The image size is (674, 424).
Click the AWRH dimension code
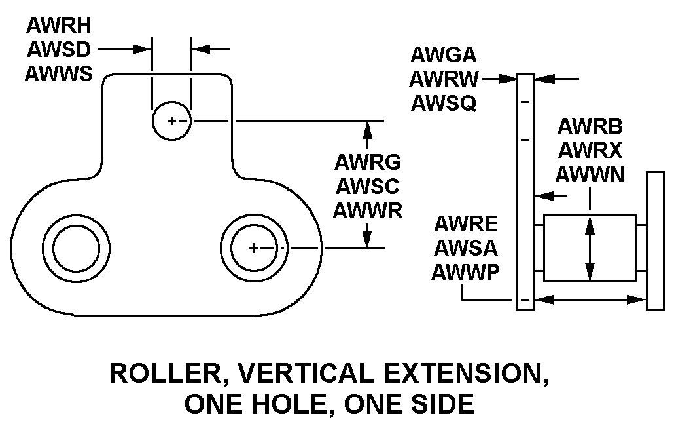pyautogui.click(x=59, y=26)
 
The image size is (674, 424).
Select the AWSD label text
pyautogui.click(x=59, y=50)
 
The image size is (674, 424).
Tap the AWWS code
pyautogui.click(x=58, y=73)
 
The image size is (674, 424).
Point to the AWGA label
pyautogui.click(x=444, y=54)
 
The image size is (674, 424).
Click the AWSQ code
pyautogui.click(x=444, y=103)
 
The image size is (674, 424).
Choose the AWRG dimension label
pyautogui.click(x=368, y=162)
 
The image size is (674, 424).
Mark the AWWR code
pyautogui.click(x=368, y=210)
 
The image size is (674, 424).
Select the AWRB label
pyautogui.click(x=590, y=126)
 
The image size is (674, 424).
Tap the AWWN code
pyautogui.click(x=590, y=175)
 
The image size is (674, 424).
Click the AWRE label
pyautogui.click(x=465, y=224)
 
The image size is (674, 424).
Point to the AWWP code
pyautogui.click(x=465, y=272)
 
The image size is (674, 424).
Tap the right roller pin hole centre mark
pyautogui.click(x=254, y=248)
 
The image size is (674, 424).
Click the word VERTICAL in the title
pyautogui.click(x=306, y=373)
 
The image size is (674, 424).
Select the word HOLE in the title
pyautogui.click(x=293, y=404)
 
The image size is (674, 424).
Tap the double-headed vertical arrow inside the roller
pyautogui.click(x=590, y=248)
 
